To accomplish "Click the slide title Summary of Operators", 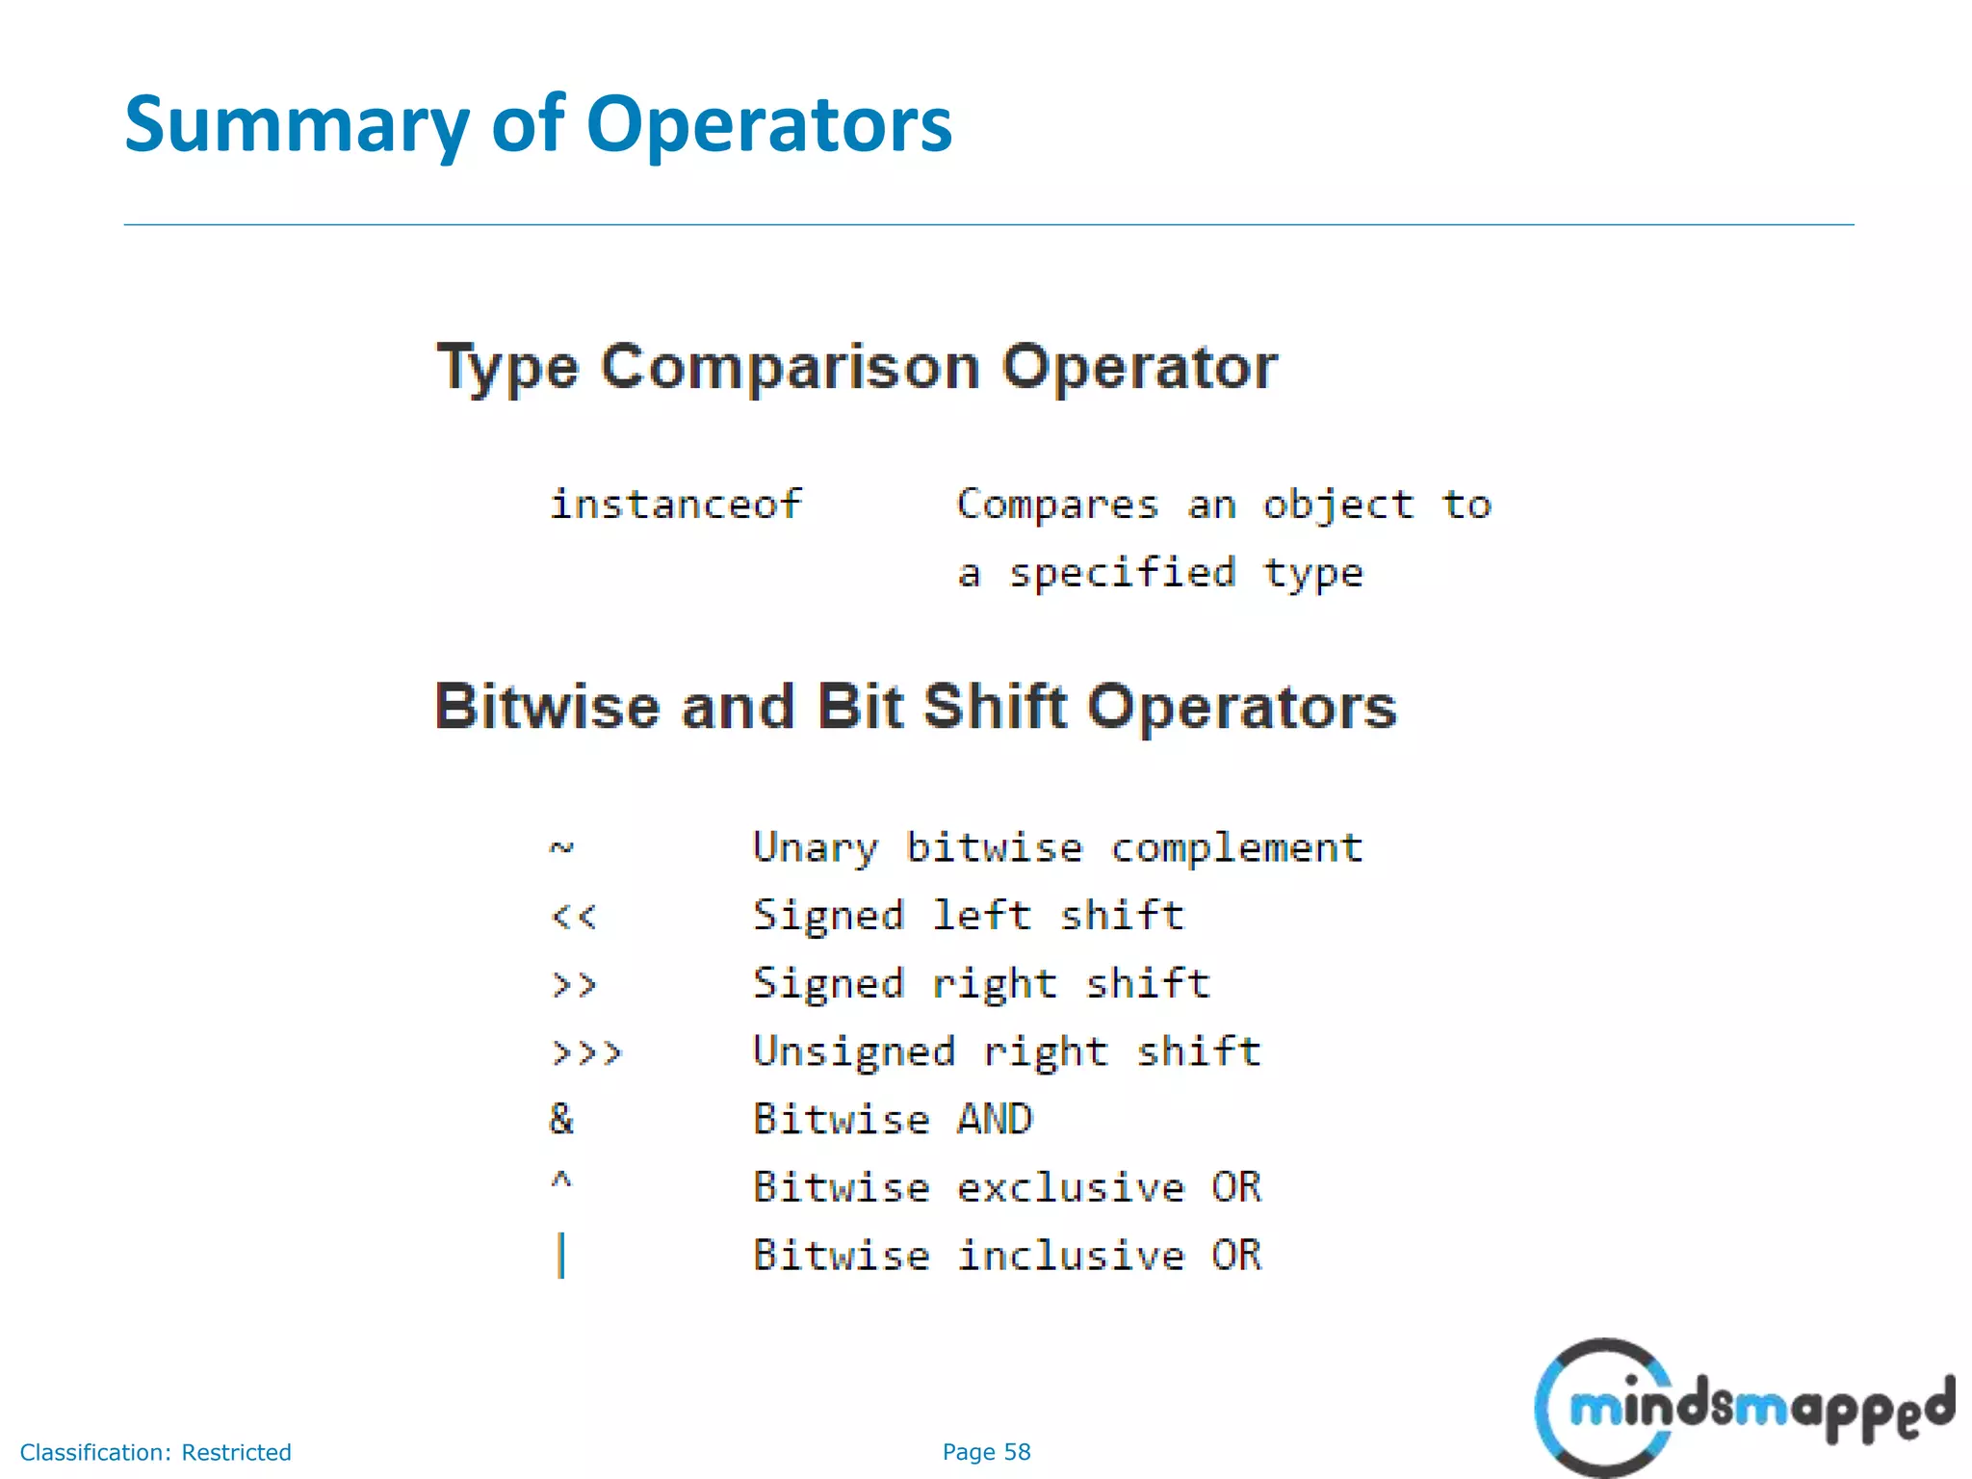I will pyautogui.click(x=537, y=125).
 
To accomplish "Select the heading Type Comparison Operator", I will pyautogui.click(x=856, y=368).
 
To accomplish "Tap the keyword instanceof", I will pyautogui.click(x=675, y=505).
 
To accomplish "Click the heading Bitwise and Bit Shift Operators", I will pyautogui.click(x=915, y=707).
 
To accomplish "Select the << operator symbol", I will pyautogui.click(x=574, y=916).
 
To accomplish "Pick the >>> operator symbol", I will pyautogui.click(x=586, y=1052).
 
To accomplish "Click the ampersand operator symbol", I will pyautogui.click(x=561, y=1119).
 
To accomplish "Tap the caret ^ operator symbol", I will pyautogui.click(x=561, y=1181).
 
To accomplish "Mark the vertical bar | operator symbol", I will pyautogui.click(x=561, y=1256).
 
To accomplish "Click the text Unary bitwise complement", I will pyautogui.click(x=1057, y=848).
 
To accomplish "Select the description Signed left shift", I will pyautogui.click(x=968, y=916).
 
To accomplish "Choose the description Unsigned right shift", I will pyautogui.click(x=1006, y=1051).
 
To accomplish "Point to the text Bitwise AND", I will pyautogui.click(x=893, y=1120).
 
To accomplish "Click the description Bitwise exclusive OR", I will pyautogui.click(x=1006, y=1187).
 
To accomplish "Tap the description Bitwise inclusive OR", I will pyautogui.click(x=1006, y=1256).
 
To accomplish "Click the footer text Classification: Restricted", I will pyautogui.click(x=155, y=1452).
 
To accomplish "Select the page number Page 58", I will pyautogui.click(x=986, y=1452).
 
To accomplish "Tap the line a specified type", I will pyautogui.click(x=1160, y=574).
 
